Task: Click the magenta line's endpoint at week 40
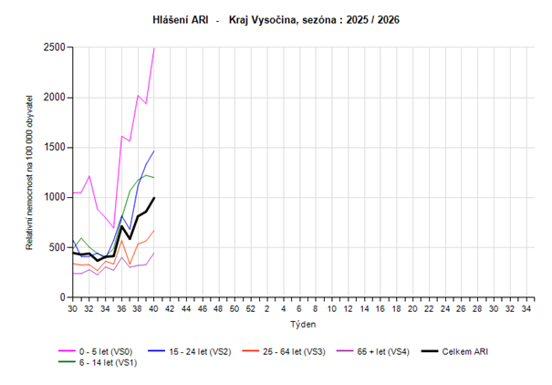[154, 47]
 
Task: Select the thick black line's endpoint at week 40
[154, 198]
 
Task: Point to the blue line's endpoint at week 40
[154, 151]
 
